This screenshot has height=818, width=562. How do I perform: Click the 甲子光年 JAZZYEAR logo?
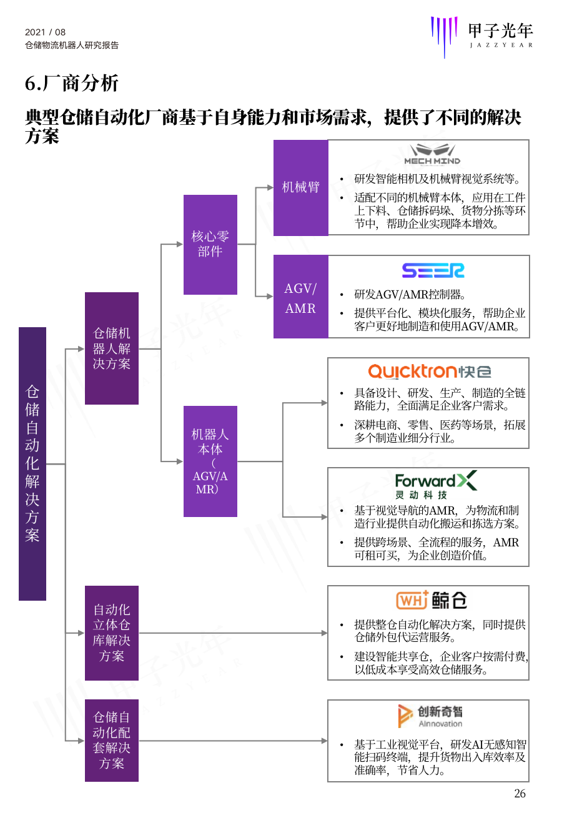[x=481, y=36]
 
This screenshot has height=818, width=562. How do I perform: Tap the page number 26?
[x=520, y=793]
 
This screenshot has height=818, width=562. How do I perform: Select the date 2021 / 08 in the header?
[x=46, y=32]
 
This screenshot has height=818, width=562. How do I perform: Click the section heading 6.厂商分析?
[x=72, y=83]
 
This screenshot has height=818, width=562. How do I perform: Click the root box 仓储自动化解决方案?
[x=32, y=463]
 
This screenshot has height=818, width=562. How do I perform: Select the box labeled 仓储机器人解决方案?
[x=112, y=348]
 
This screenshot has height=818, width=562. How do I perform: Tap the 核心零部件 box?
[x=210, y=244]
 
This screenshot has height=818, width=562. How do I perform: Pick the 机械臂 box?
[x=301, y=188]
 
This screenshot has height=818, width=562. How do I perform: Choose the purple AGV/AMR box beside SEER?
[x=301, y=297]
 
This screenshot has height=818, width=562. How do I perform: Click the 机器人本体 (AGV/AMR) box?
[x=210, y=461]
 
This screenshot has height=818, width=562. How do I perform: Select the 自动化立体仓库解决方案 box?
[x=112, y=633]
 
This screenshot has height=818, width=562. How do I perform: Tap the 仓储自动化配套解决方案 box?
[x=112, y=740]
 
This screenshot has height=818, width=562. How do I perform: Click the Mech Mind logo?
[x=432, y=154]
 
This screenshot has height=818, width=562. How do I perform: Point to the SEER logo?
[x=433, y=270]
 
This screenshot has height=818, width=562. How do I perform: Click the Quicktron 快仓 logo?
[x=430, y=372]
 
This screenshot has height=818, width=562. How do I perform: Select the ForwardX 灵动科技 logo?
[x=436, y=485]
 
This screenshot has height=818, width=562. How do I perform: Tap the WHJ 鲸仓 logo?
[x=431, y=600]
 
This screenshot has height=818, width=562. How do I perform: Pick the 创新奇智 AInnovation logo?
[x=430, y=716]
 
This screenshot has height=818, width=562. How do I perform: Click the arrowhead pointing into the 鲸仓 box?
[x=324, y=633]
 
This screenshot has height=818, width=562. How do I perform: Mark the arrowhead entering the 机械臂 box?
[x=270, y=188]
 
